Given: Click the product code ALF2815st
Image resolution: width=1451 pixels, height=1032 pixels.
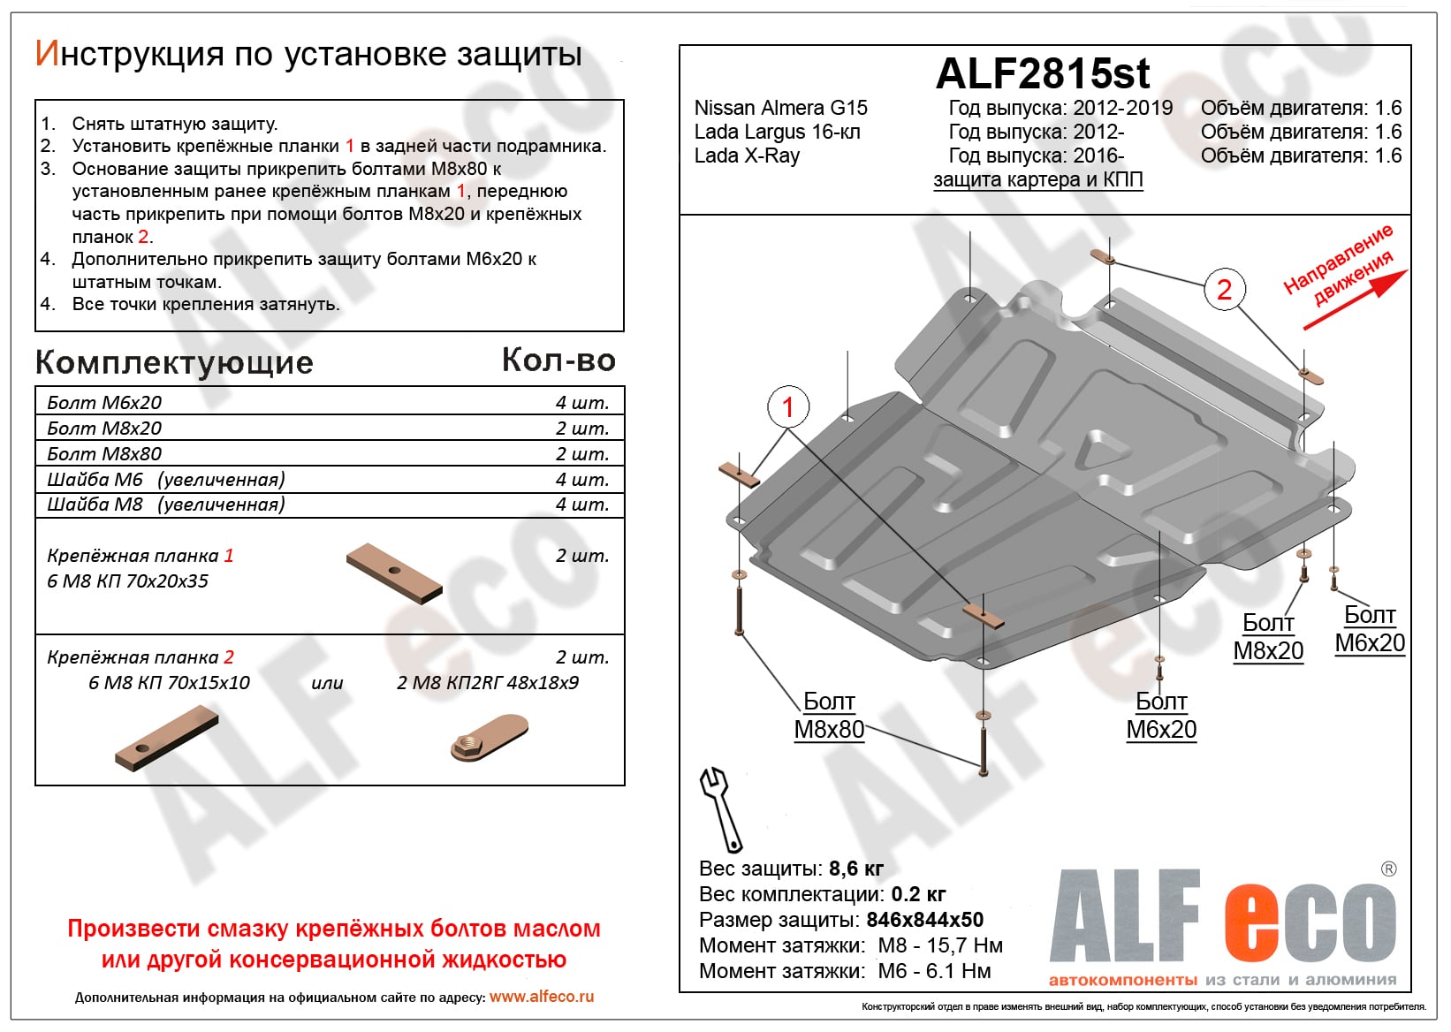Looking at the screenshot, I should coord(1043,74).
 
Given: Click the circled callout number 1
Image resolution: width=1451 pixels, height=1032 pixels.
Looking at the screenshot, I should coord(787,407).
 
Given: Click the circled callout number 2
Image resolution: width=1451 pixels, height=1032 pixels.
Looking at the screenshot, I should coord(1224,289).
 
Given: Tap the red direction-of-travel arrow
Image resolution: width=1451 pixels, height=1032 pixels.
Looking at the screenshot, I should coord(1356,300).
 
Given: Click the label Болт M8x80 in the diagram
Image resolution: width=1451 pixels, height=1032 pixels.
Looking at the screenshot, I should coord(829,716).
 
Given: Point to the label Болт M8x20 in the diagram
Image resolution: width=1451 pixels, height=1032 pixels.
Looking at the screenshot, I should coord(1268,637).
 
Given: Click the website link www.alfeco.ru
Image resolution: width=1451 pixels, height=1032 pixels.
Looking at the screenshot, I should coord(542,997).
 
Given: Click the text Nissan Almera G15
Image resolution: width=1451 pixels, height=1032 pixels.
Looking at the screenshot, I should coord(780,108).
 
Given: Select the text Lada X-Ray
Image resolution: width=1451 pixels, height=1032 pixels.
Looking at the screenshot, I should coord(747,156).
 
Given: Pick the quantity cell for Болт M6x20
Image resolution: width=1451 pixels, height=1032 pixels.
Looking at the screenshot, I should coord(581,403).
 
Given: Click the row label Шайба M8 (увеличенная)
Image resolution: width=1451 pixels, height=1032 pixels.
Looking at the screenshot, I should coord(166,505).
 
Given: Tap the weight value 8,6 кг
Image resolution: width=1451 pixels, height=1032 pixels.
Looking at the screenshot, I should coord(855,869).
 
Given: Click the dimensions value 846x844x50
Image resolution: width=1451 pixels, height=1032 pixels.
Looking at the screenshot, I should coord(924,920).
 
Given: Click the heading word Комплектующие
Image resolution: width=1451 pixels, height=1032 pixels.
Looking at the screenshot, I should coord(174,362).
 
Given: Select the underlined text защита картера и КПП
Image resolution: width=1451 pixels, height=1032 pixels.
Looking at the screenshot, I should coord(1038,180).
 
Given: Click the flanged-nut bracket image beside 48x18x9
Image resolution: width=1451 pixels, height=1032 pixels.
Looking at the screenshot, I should coord(489,739).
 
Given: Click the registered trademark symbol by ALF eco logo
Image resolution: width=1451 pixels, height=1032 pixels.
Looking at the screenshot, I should coord(1388,869).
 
